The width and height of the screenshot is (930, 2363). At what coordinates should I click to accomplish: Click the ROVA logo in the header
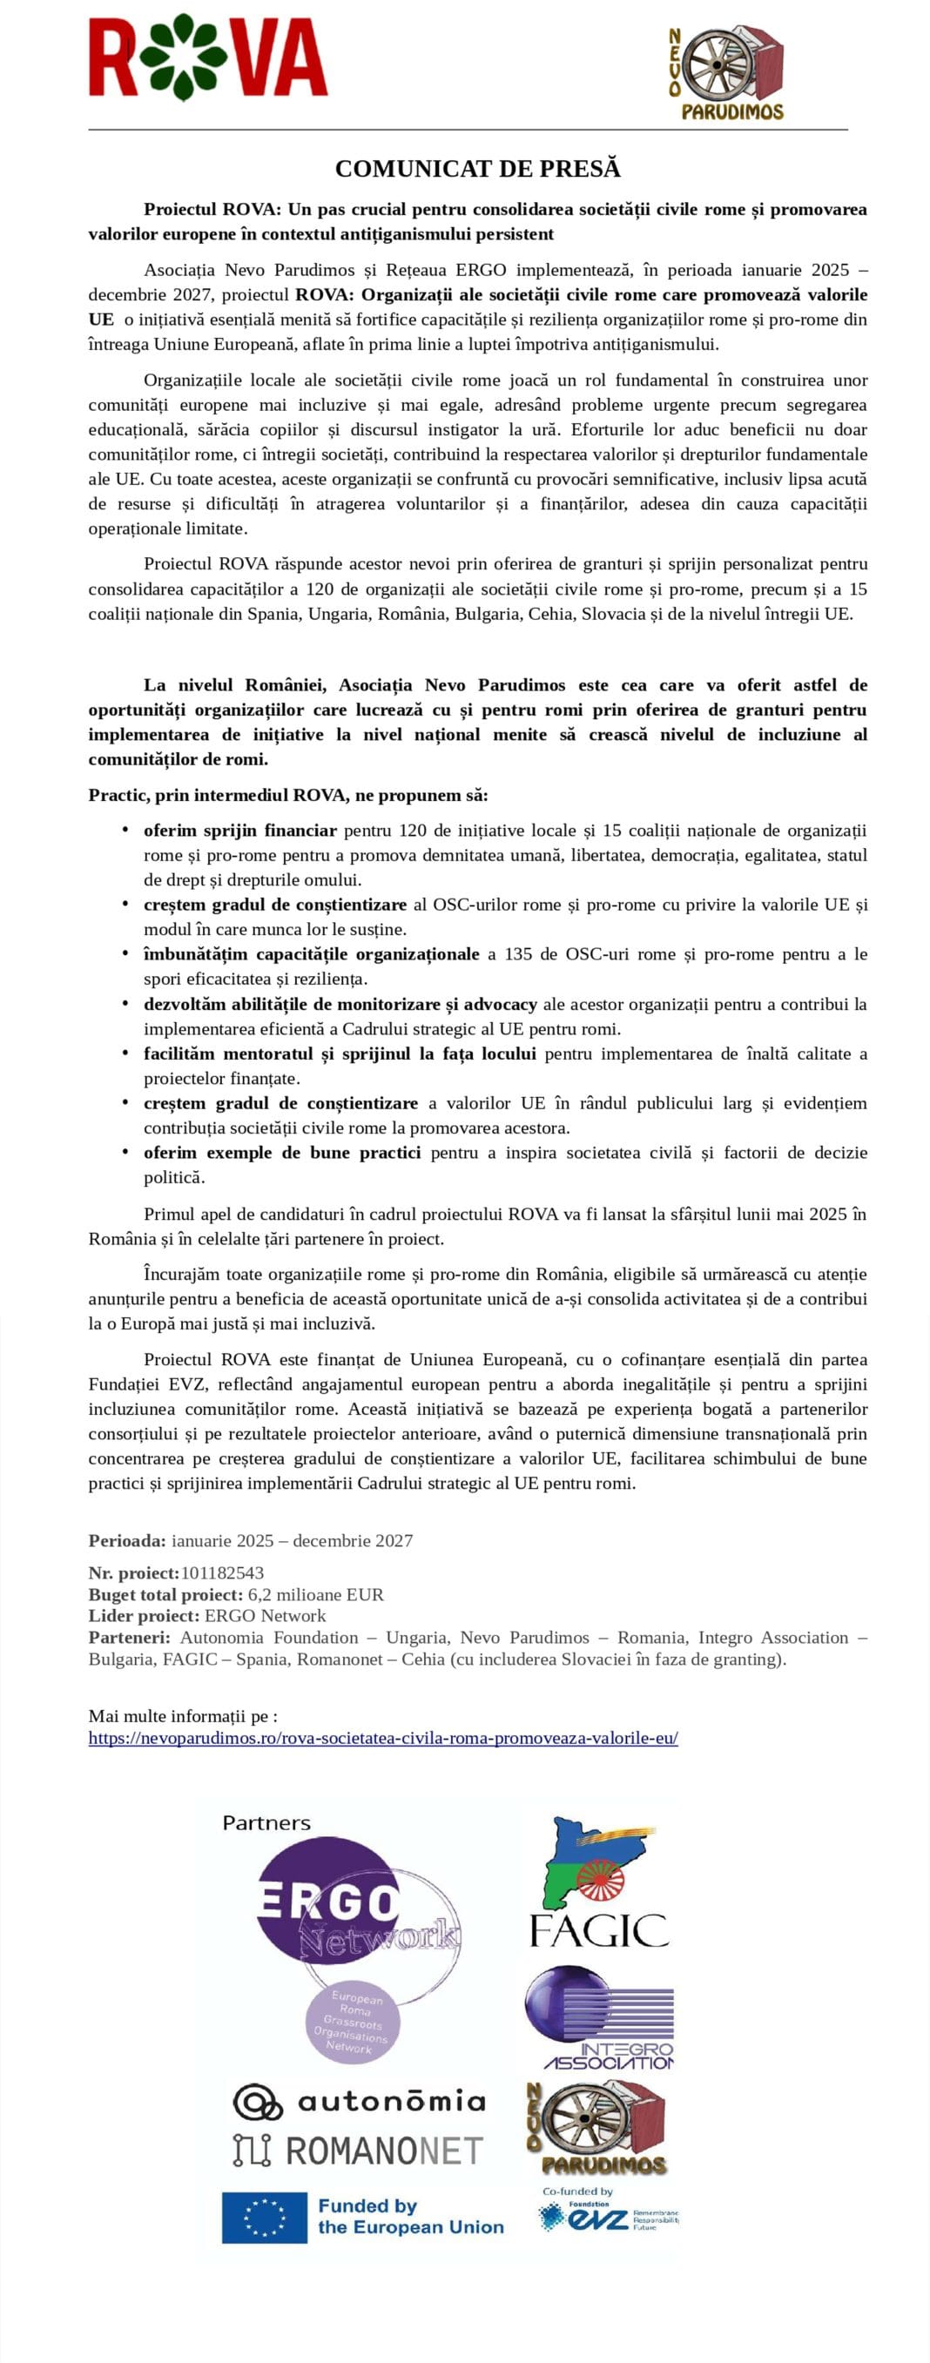pos(208,57)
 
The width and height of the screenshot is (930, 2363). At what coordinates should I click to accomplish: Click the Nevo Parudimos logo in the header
pos(726,73)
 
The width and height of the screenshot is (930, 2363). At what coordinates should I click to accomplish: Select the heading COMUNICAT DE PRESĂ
pos(477,169)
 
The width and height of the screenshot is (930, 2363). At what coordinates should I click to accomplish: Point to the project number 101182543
pos(222,1572)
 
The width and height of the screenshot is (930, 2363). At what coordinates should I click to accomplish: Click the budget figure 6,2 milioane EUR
pos(315,1594)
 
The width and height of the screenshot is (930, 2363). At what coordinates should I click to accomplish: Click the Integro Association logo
pos(600,2019)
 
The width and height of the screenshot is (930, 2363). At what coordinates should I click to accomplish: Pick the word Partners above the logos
pos(266,1822)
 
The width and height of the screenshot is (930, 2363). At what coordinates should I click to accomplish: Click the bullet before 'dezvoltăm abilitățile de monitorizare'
pos(125,1003)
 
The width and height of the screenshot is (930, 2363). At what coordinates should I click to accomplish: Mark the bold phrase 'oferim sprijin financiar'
pos(240,830)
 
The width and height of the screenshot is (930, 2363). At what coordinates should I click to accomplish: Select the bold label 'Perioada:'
pos(127,1540)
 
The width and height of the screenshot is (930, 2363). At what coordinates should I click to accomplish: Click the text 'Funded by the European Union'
pos(410,2216)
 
